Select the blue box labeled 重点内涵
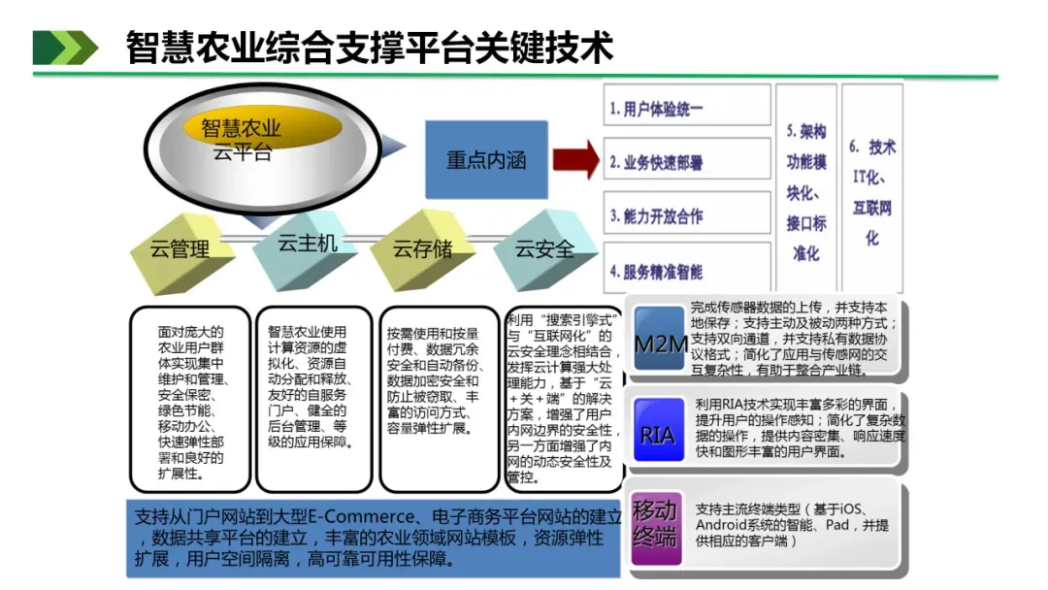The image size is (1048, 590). (x=486, y=160)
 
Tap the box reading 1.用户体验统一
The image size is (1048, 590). (x=687, y=109)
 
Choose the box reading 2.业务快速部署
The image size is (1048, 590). (x=687, y=163)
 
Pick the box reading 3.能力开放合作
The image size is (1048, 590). (x=687, y=216)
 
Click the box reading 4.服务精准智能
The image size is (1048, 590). (x=687, y=271)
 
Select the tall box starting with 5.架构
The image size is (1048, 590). (x=805, y=188)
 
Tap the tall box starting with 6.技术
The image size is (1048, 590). (x=872, y=188)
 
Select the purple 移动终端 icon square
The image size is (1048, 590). (x=656, y=524)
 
